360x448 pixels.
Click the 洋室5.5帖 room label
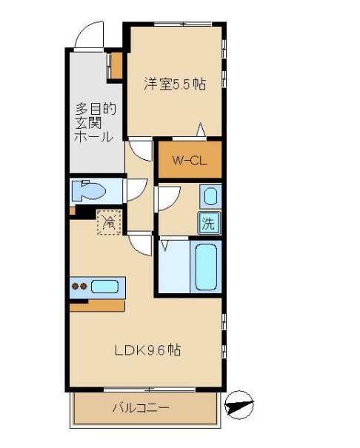(x=175, y=84)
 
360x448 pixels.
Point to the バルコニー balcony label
(x=141, y=408)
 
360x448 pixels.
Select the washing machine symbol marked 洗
(x=210, y=223)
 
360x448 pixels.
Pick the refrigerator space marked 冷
(x=108, y=221)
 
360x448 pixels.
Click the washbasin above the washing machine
(x=210, y=197)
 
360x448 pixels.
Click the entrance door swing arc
(x=87, y=34)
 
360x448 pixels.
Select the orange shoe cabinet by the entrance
(x=115, y=64)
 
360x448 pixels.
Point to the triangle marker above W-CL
(x=200, y=130)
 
